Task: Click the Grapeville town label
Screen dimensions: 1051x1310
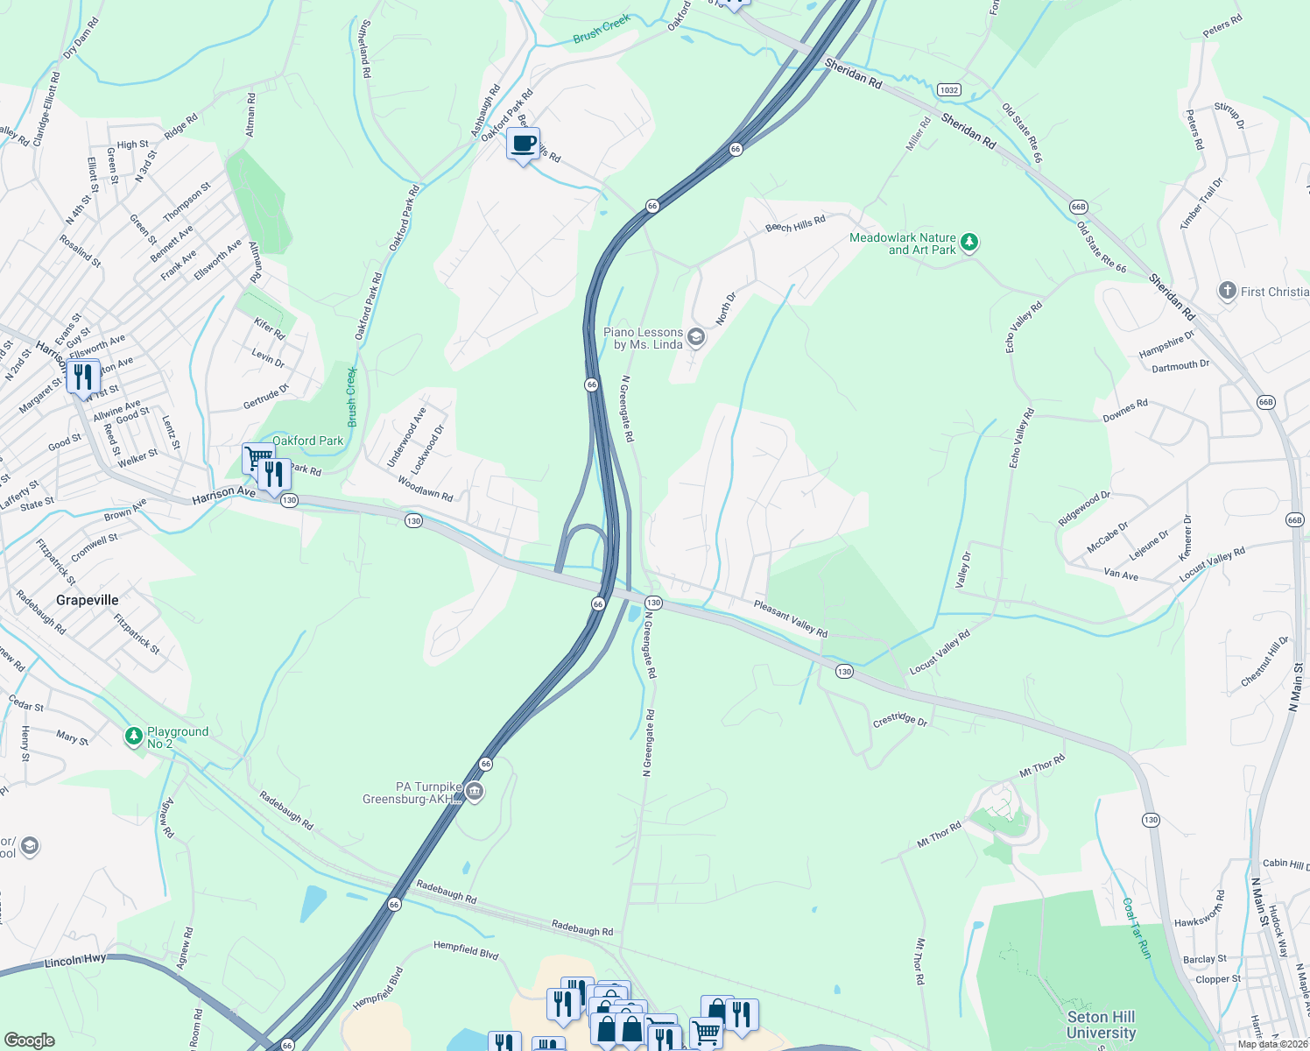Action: click(87, 600)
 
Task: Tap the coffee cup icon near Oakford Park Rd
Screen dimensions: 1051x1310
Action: click(523, 144)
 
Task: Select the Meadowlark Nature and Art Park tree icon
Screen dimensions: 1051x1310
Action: click(968, 242)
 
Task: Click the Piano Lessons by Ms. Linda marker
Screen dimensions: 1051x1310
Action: click(696, 337)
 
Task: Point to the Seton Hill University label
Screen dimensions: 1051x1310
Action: click(1101, 1024)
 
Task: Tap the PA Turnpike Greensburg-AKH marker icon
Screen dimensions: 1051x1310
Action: click(475, 792)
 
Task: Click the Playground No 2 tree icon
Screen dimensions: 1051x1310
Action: click(134, 736)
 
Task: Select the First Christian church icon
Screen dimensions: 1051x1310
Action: click(1228, 291)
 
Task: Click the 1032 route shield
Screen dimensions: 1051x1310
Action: click(948, 89)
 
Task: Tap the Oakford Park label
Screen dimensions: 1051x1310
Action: click(307, 441)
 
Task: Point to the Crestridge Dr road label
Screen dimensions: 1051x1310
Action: click(899, 720)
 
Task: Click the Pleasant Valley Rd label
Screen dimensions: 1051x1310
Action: click(790, 617)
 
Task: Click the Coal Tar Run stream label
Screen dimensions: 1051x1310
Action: click(1136, 928)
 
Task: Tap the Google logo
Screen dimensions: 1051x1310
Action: click(29, 1040)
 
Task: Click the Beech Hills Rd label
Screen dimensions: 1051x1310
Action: click(795, 224)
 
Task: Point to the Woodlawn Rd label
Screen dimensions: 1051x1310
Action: click(425, 489)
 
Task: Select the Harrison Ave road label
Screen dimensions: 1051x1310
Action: click(223, 493)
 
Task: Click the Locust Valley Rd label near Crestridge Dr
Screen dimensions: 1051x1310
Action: click(940, 652)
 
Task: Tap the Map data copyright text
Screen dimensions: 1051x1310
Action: click(1272, 1043)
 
